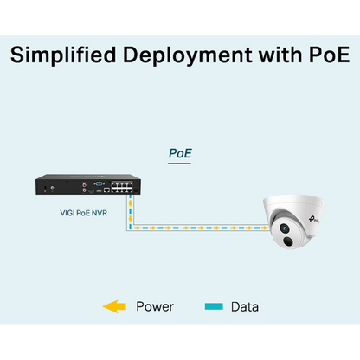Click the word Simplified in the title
tap(63, 55)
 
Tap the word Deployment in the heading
tap(188, 55)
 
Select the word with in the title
tap(280, 55)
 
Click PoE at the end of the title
tap(329, 55)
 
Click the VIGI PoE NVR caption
tap(84, 213)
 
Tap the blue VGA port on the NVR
tap(99, 183)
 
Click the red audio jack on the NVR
tap(84, 184)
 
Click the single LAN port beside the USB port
tap(106, 190)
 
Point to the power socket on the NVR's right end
tap(137, 190)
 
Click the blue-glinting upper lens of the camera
tap(285, 228)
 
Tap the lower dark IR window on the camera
tap(287, 241)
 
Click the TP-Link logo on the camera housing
tap(313, 220)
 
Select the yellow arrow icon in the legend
tap(114, 306)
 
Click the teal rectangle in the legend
tap(214, 306)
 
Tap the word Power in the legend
tap(155, 306)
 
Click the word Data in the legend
tap(245, 307)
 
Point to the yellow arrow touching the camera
tap(264, 228)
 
